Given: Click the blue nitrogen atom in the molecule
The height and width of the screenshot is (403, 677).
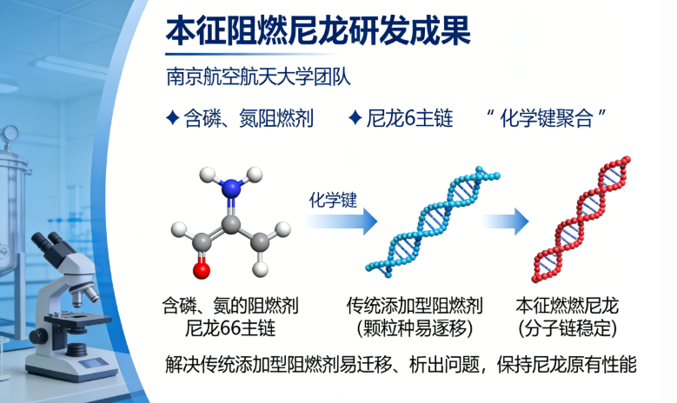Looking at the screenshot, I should pos(229,187).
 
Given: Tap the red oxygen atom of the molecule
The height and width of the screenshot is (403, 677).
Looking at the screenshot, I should pos(201,269).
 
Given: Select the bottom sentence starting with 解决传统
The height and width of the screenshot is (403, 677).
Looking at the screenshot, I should pos(401,364).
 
